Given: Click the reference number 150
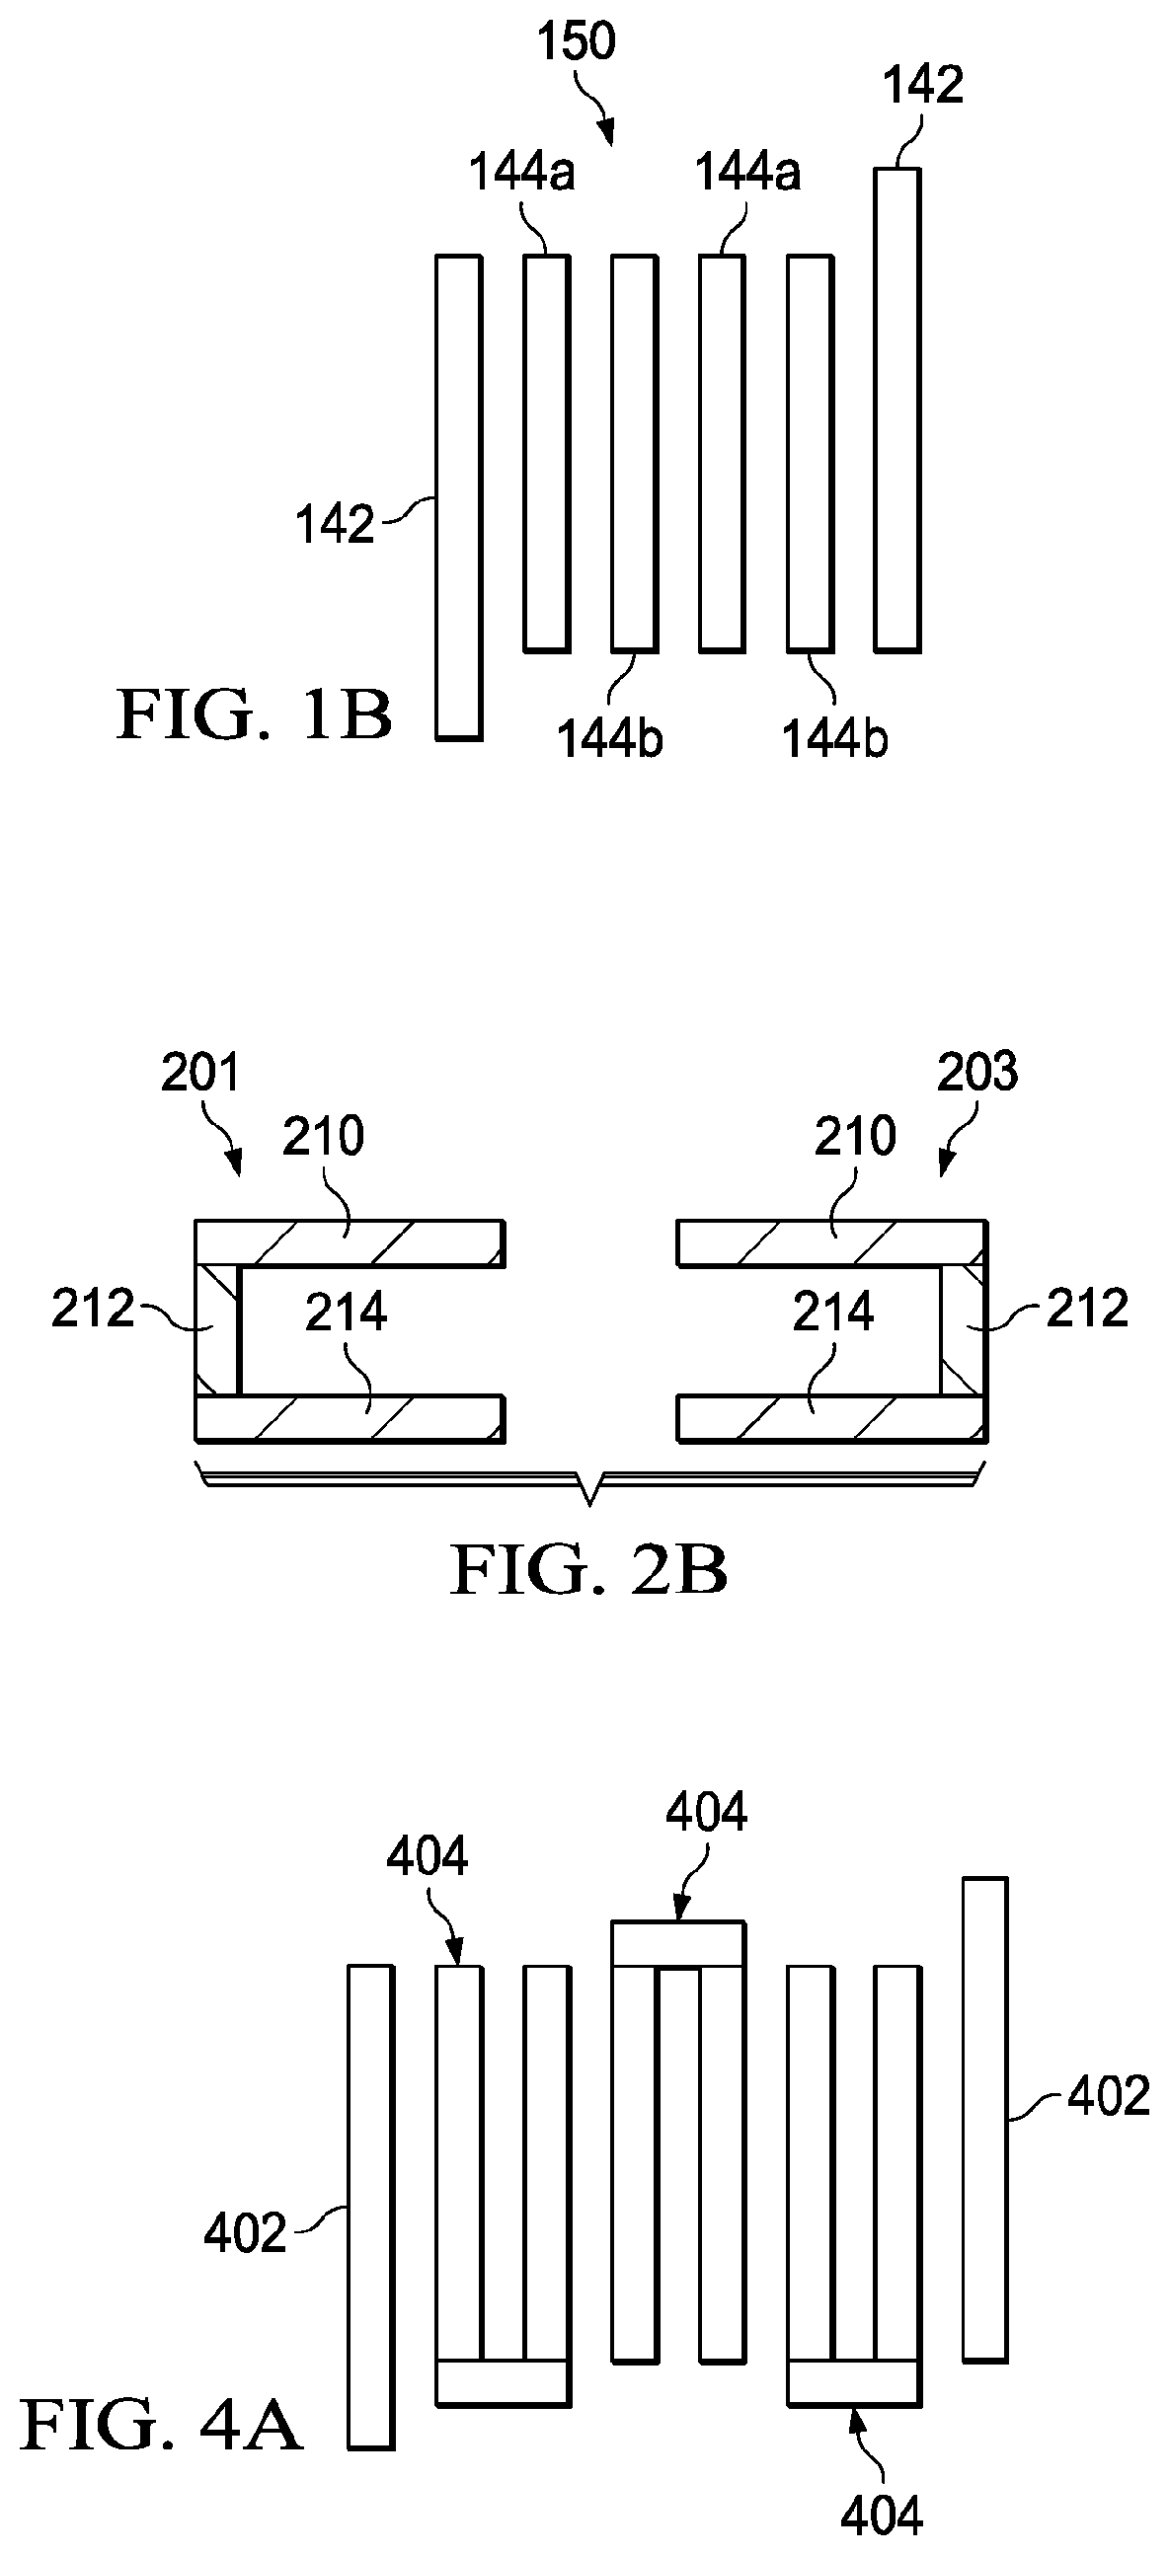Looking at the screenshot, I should point(576,41).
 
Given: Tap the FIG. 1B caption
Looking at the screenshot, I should point(254,715).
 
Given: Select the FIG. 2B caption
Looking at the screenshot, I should point(588,1570).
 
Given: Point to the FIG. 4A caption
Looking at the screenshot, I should point(161,2424).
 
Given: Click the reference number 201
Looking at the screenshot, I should point(200,1073).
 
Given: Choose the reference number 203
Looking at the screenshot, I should point(976,1073).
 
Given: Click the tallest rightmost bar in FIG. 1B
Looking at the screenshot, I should point(897,409).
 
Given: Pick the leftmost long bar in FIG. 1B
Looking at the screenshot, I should point(458,496).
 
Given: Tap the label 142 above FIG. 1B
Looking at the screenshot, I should point(923,85).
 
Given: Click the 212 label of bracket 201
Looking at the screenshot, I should point(92,1310).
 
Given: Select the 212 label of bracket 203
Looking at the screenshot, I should point(1088,1310).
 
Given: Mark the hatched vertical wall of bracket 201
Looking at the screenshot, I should point(217,1329).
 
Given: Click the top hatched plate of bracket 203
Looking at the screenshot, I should point(831,1242).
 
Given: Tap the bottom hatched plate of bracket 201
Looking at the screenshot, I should point(350,1418).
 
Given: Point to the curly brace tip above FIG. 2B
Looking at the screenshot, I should point(591,1501).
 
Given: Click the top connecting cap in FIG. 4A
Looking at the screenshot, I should point(677,1942).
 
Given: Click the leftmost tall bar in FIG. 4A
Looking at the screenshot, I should point(370,2202).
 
